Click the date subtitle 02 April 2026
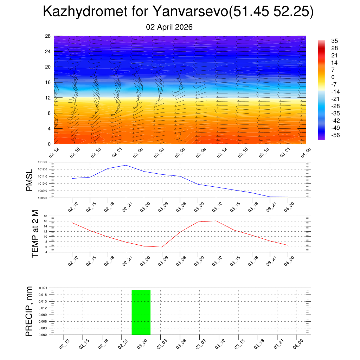click(169, 27)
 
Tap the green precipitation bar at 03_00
click(141, 312)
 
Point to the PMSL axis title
click(29, 180)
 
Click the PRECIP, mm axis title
click(29, 311)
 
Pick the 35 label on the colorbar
click(335, 41)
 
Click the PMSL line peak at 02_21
click(126, 165)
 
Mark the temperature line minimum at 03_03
click(162, 247)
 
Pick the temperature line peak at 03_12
click(216, 221)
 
